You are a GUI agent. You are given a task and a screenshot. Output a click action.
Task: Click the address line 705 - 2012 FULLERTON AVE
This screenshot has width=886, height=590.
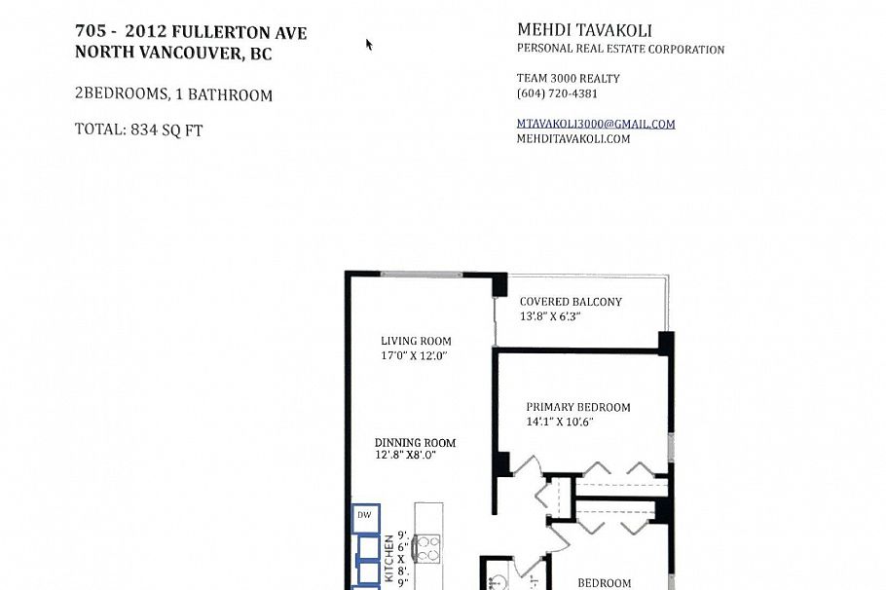[191, 32]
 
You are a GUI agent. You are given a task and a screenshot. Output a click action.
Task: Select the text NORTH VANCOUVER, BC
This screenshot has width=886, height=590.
[173, 55]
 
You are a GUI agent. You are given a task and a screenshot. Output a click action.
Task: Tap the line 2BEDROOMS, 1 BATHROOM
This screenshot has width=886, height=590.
[173, 95]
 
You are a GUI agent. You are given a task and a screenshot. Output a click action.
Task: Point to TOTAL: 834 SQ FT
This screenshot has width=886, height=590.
[138, 129]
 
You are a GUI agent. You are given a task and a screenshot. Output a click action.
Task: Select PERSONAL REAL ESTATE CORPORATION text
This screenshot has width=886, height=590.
[619, 50]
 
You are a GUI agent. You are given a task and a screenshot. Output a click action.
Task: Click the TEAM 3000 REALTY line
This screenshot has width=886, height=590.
[568, 79]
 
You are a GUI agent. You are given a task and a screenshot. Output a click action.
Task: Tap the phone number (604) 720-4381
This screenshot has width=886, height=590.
[557, 94]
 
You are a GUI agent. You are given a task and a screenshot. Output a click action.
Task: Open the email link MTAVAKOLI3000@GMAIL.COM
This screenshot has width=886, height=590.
[595, 124]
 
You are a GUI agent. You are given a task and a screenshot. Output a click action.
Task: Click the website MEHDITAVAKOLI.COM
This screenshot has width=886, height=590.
[572, 139]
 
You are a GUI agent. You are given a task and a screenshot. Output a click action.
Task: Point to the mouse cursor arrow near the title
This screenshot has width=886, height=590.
[369, 44]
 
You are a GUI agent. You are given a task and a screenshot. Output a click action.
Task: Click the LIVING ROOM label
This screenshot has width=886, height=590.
[416, 341]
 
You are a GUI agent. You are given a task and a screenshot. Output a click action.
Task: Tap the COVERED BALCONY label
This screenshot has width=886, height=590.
[570, 302]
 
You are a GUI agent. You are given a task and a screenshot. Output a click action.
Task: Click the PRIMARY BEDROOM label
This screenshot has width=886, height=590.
[577, 408]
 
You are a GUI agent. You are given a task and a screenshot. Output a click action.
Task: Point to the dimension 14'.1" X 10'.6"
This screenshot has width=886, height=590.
[560, 423]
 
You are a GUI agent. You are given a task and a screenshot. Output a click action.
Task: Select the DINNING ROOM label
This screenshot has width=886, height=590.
[415, 443]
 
